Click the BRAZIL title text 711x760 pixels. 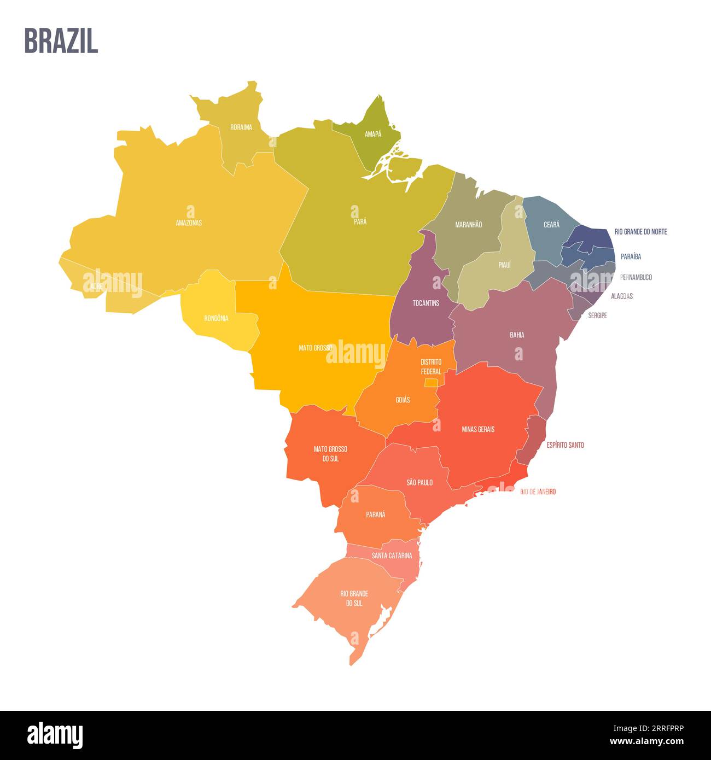point(61,41)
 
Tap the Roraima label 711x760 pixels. point(241,127)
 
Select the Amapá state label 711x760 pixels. point(373,134)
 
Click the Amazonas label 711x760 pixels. point(189,223)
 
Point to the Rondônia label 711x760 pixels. point(216,318)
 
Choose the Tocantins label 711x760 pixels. point(426,303)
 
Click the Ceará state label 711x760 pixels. point(551,224)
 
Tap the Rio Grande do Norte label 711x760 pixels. point(640,232)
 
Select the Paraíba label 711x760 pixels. point(631,256)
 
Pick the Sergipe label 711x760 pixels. point(597,315)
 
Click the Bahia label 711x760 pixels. point(517,335)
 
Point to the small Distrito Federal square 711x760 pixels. point(431,383)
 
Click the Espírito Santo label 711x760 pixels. point(565,445)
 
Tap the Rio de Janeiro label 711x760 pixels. point(538,492)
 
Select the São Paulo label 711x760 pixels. point(419,482)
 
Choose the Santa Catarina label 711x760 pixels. point(392,556)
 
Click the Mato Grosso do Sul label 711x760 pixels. point(330,454)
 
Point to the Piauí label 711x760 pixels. point(504,265)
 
